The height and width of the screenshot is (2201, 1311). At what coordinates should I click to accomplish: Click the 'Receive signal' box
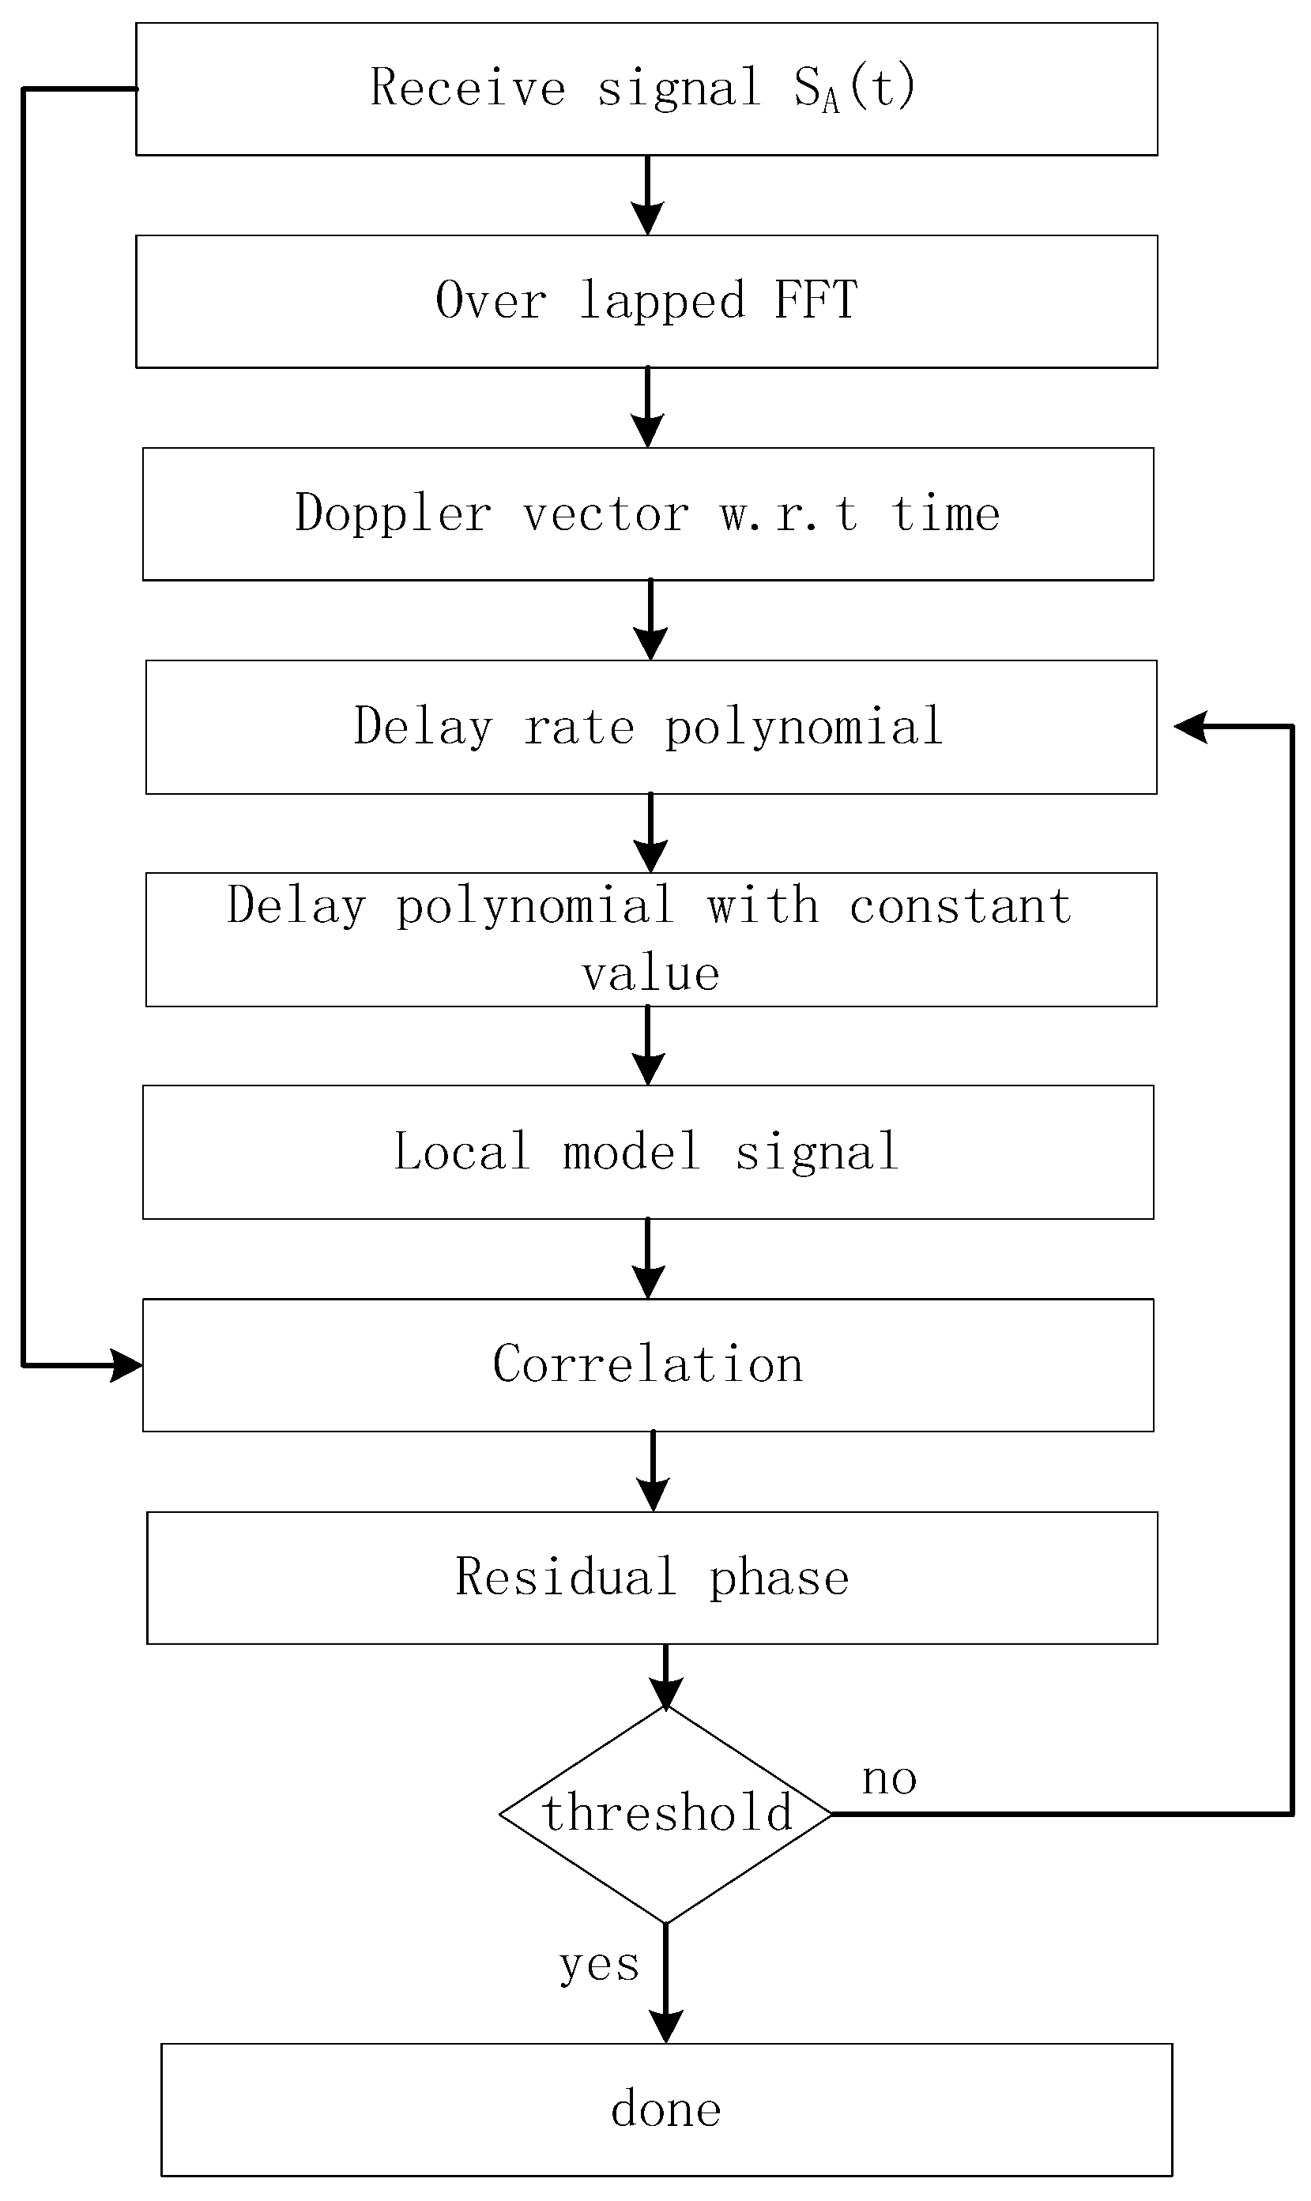[646, 89]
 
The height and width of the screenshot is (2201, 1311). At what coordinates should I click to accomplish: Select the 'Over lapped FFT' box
[646, 301]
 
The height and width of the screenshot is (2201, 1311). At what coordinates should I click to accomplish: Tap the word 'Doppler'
[393, 514]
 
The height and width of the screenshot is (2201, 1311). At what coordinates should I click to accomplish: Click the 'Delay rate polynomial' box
[650, 727]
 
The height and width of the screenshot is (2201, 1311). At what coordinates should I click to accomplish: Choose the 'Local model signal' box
[647, 1152]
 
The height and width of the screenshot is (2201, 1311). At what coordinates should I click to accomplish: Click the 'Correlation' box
[647, 1364]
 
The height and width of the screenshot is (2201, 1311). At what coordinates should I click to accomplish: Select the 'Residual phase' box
[652, 1578]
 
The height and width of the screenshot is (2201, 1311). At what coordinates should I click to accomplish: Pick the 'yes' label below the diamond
[599, 1963]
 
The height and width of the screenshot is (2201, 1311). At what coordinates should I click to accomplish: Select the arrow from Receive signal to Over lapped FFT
[647, 195]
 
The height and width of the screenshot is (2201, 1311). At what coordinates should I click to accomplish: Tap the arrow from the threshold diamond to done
[666, 1983]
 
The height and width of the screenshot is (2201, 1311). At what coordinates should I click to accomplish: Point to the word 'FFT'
[816, 300]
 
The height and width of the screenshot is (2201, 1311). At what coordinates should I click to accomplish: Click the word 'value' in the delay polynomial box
[651, 975]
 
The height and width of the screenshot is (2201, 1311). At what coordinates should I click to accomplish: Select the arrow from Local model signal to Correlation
[647, 1259]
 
